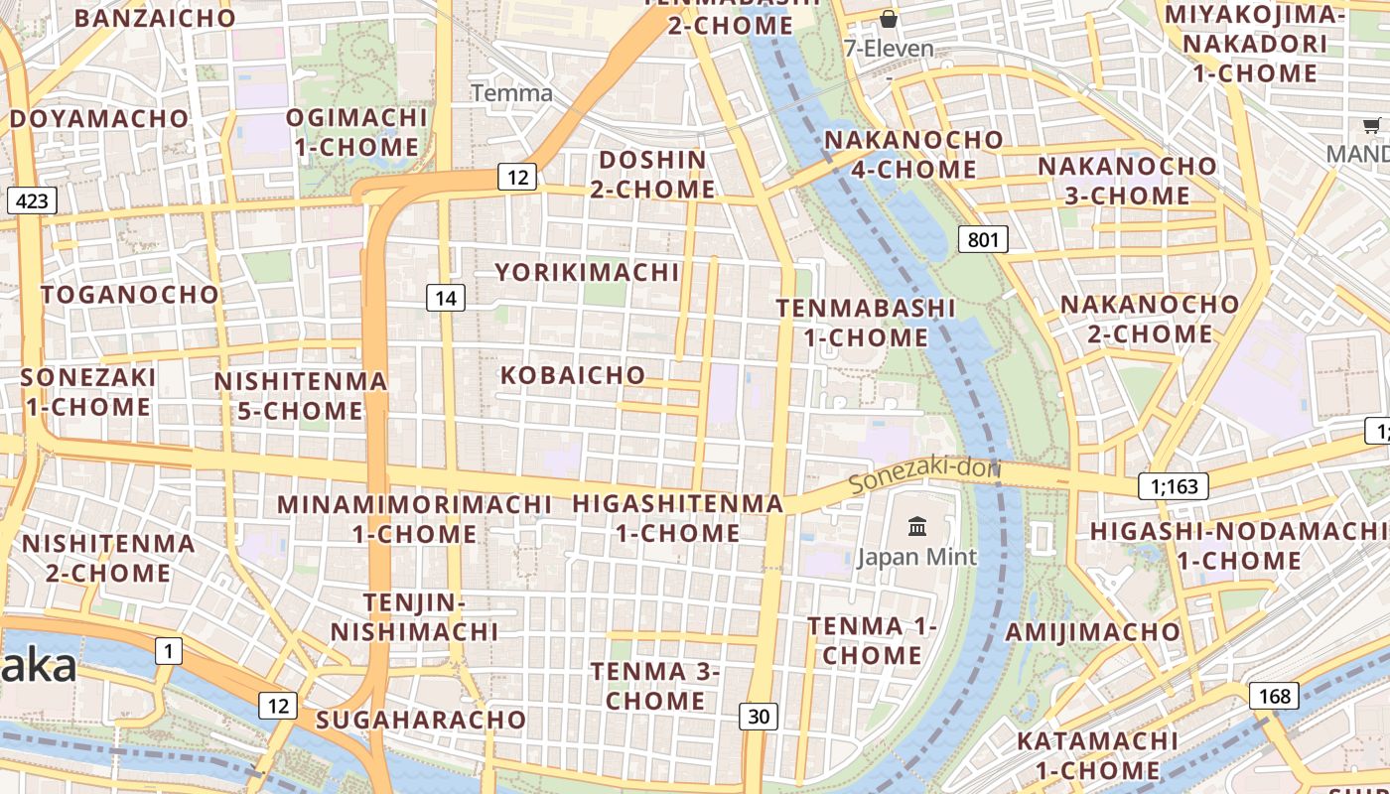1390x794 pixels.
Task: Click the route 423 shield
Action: (32, 201)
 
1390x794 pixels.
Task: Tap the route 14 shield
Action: (446, 298)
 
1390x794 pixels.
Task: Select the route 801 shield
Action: (983, 239)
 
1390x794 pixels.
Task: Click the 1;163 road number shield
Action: (1174, 486)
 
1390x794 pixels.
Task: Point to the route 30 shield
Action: (758, 716)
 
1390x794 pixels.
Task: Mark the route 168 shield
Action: (1274, 696)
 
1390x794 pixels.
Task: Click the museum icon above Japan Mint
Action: (916, 527)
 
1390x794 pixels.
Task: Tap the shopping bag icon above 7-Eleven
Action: (889, 19)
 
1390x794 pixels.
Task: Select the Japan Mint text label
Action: (916, 557)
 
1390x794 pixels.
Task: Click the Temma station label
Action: (511, 93)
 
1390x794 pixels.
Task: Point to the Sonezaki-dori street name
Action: (925, 474)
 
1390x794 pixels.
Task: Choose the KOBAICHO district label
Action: (573, 375)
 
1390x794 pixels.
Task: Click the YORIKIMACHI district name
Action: (587, 272)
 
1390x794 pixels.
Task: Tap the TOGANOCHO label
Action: (129, 295)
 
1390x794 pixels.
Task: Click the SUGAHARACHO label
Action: (420, 720)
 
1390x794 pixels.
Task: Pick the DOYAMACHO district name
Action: (99, 118)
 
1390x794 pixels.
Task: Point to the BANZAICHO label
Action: (155, 18)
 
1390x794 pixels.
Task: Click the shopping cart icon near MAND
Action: (1371, 125)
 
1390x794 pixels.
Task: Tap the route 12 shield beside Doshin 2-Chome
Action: (516, 178)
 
